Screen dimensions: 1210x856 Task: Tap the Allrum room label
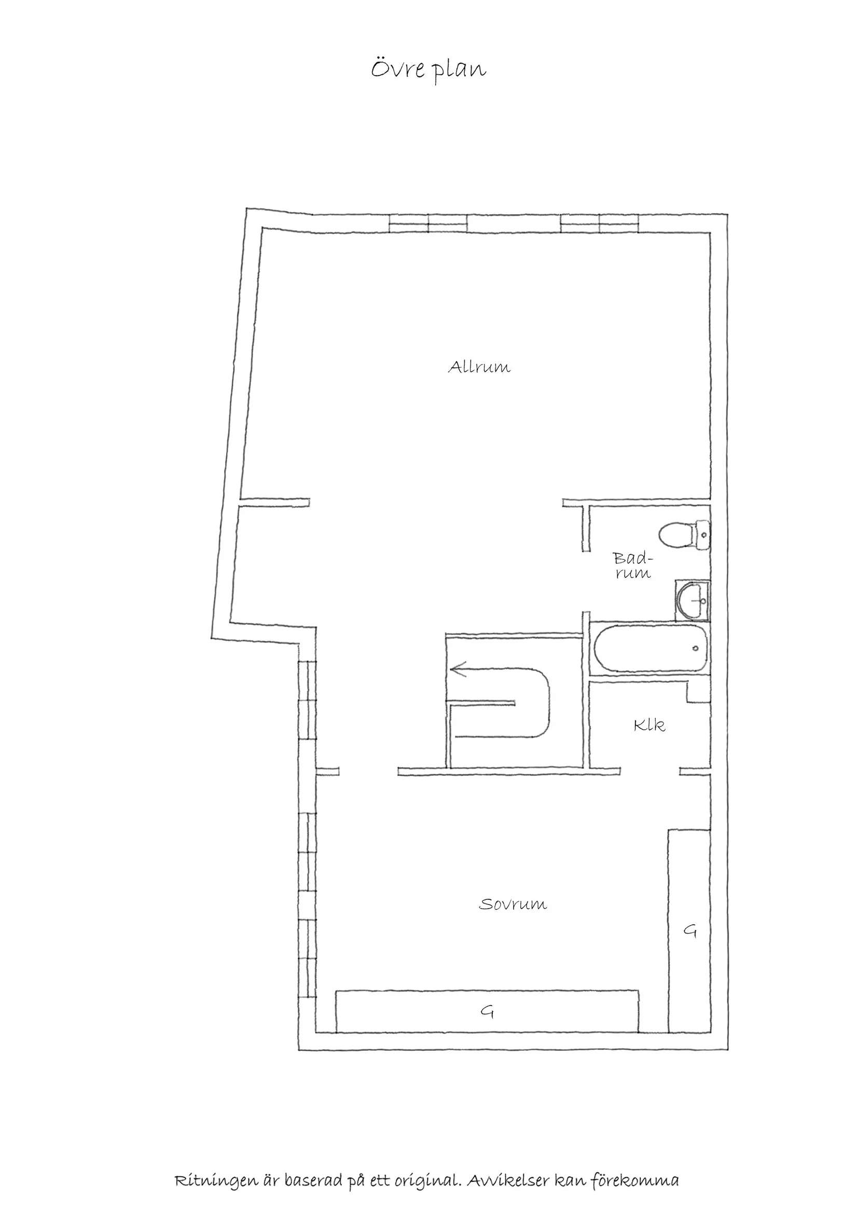[479, 367]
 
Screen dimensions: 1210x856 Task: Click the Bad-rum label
[632, 565]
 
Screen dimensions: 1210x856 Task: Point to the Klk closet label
[650, 726]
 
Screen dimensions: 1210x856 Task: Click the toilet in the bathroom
[678, 535]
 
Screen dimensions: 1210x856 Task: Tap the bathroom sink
[693, 601]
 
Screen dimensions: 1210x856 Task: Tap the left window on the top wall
[428, 224]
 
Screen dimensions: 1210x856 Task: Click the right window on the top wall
[600, 224]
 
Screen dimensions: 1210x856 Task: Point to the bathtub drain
[696, 648]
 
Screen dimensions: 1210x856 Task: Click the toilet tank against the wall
[703, 535]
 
